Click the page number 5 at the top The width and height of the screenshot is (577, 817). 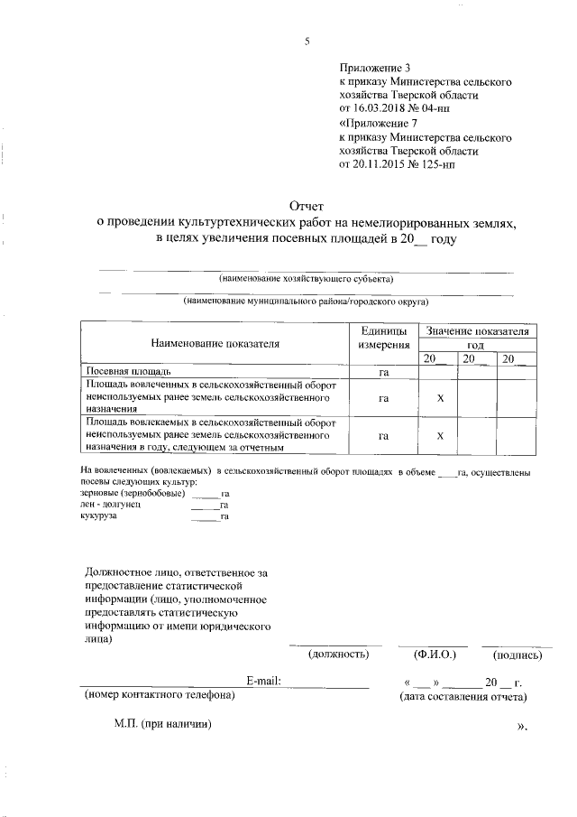pos(307,42)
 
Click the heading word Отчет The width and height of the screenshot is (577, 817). pos(306,206)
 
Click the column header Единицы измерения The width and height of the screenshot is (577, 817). pos(383,339)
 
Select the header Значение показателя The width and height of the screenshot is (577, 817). pos(477,332)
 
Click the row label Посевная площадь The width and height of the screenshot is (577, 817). pos(129,371)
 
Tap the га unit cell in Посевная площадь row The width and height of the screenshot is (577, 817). pos(383,371)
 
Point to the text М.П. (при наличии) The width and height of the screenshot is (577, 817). pos(163,724)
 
